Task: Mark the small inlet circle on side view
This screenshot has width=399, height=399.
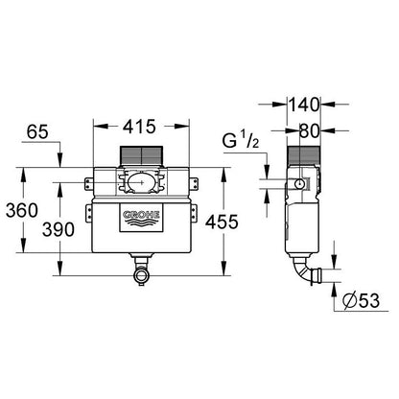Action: (300, 183)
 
